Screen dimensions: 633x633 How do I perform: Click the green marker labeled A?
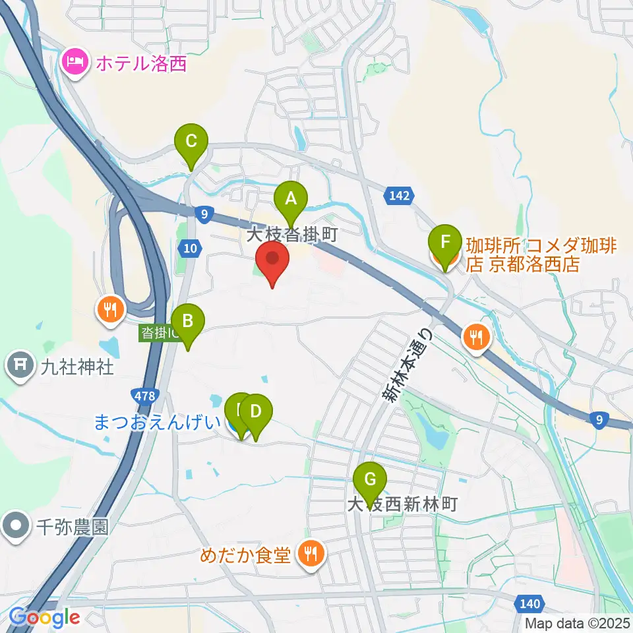tap(291, 198)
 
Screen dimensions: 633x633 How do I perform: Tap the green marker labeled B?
tap(188, 322)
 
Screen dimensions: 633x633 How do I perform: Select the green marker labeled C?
tap(191, 141)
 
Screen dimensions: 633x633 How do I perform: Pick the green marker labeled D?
tap(256, 413)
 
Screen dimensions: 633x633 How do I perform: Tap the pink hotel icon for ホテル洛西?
tap(74, 63)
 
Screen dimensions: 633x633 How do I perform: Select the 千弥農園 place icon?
tap(15, 527)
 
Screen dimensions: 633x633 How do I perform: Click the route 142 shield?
tap(398, 195)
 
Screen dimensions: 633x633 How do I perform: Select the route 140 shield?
tap(529, 603)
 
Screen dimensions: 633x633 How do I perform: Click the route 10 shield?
tap(188, 247)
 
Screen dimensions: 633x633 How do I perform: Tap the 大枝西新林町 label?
tap(402, 506)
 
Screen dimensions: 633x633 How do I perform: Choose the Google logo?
tap(44, 618)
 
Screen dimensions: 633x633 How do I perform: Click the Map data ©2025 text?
tap(578, 622)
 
